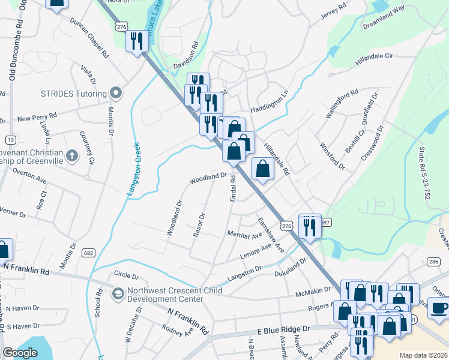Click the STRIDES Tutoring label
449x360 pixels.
tap(73, 94)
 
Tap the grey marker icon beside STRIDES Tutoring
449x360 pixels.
tap(116, 93)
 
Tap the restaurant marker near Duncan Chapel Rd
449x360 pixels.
tap(136, 41)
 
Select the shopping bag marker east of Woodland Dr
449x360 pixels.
tap(262, 168)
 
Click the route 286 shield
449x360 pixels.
tap(433, 262)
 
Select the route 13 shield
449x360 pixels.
tap(10, 139)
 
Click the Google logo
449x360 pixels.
tap(20, 353)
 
